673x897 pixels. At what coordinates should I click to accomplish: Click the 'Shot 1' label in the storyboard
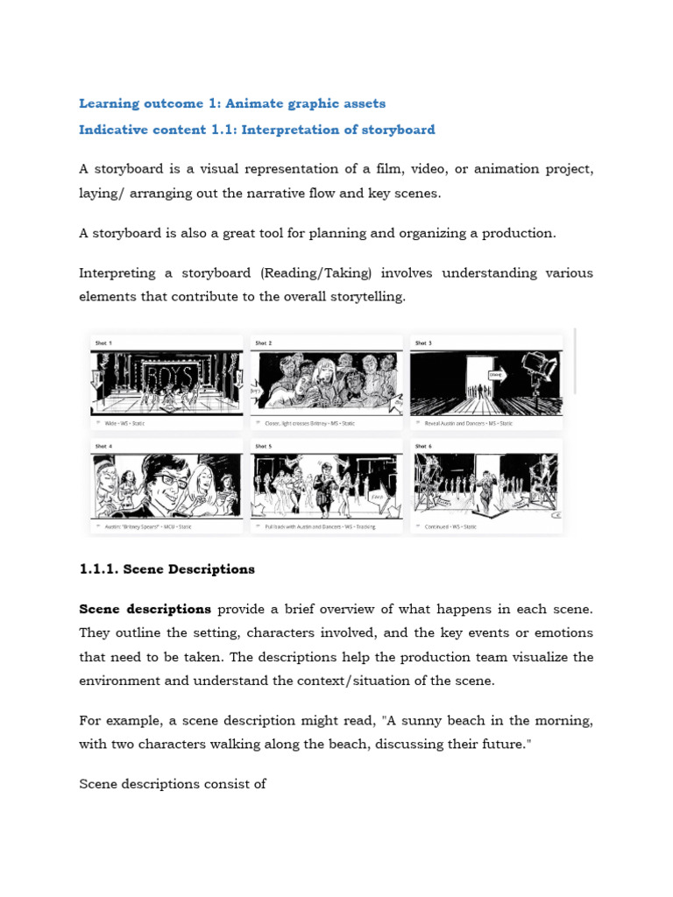click(103, 343)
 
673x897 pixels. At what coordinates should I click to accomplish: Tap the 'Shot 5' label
click(264, 446)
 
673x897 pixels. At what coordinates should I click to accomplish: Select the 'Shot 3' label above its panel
click(423, 343)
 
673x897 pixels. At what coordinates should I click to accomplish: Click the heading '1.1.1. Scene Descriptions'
click(166, 569)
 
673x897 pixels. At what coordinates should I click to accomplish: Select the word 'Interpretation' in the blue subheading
click(287, 130)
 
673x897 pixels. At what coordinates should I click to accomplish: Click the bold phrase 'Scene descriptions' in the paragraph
click(145, 609)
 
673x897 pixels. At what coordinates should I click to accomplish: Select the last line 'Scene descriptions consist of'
click(173, 784)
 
